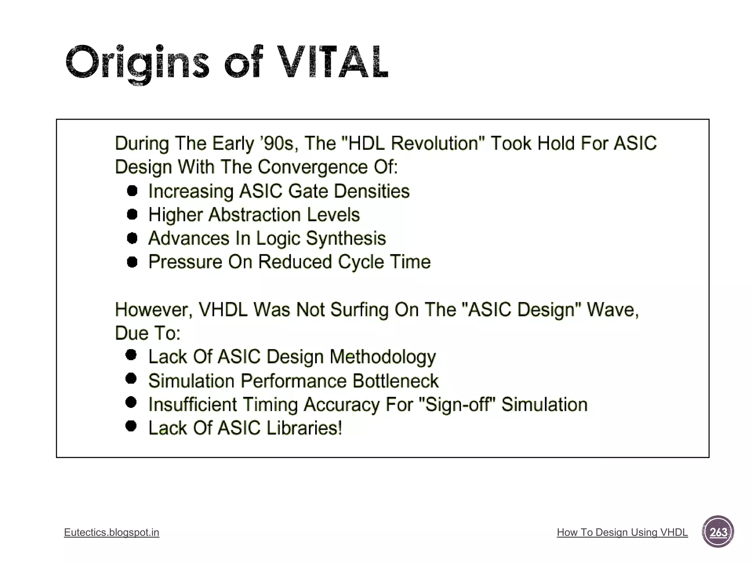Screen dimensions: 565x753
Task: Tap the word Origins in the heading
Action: point(137,63)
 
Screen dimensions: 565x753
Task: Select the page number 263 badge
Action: point(718,532)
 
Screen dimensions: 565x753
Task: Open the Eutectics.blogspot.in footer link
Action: point(111,532)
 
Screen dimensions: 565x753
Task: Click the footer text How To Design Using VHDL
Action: point(622,532)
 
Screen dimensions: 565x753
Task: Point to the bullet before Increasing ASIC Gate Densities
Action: point(132,191)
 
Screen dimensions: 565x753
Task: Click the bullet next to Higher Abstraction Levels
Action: point(132,214)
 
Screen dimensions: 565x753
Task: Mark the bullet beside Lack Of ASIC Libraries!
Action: point(131,426)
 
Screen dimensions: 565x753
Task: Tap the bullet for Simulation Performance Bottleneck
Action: point(131,379)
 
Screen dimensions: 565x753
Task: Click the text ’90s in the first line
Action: point(278,143)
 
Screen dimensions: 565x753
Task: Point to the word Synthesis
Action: point(346,238)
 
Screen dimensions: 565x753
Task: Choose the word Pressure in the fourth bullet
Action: point(185,262)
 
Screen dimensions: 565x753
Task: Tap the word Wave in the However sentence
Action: point(612,309)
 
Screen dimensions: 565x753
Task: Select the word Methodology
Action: point(382,357)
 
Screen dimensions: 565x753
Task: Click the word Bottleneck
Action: point(395,381)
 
